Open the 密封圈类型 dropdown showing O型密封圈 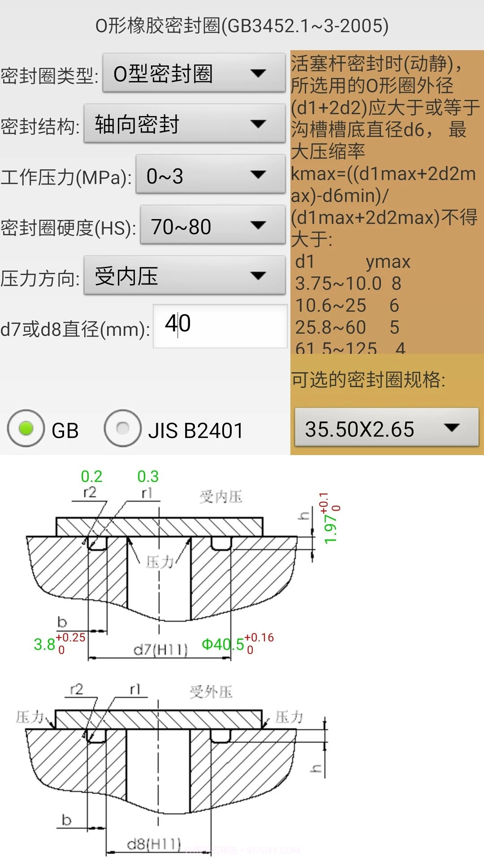[x=194, y=73]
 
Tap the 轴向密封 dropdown [x=184, y=124]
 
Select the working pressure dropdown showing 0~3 [x=210, y=175]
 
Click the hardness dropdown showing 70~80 [x=212, y=226]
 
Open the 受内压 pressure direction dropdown [x=184, y=276]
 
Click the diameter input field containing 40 [x=220, y=326]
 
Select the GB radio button [x=26, y=429]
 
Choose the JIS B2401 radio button [x=123, y=429]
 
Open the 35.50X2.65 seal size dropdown [x=386, y=428]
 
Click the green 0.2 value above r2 [x=91, y=477]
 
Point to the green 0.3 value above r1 [x=148, y=477]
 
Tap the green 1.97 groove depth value [x=330, y=529]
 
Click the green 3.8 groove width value [x=44, y=645]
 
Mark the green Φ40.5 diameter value [x=223, y=645]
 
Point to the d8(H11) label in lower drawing [x=154, y=844]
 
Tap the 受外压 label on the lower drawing [x=211, y=692]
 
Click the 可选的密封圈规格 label [x=368, y=380]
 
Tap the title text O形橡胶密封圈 [x=242, y=26]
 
